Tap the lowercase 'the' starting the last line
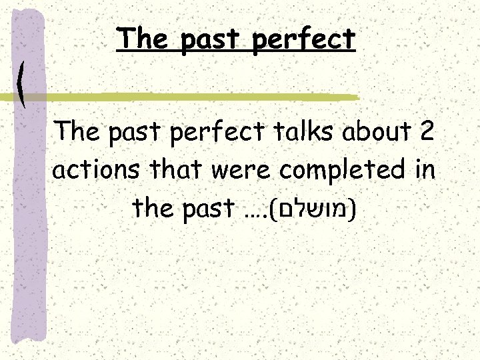pos(151,209)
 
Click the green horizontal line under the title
pos(200,97)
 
